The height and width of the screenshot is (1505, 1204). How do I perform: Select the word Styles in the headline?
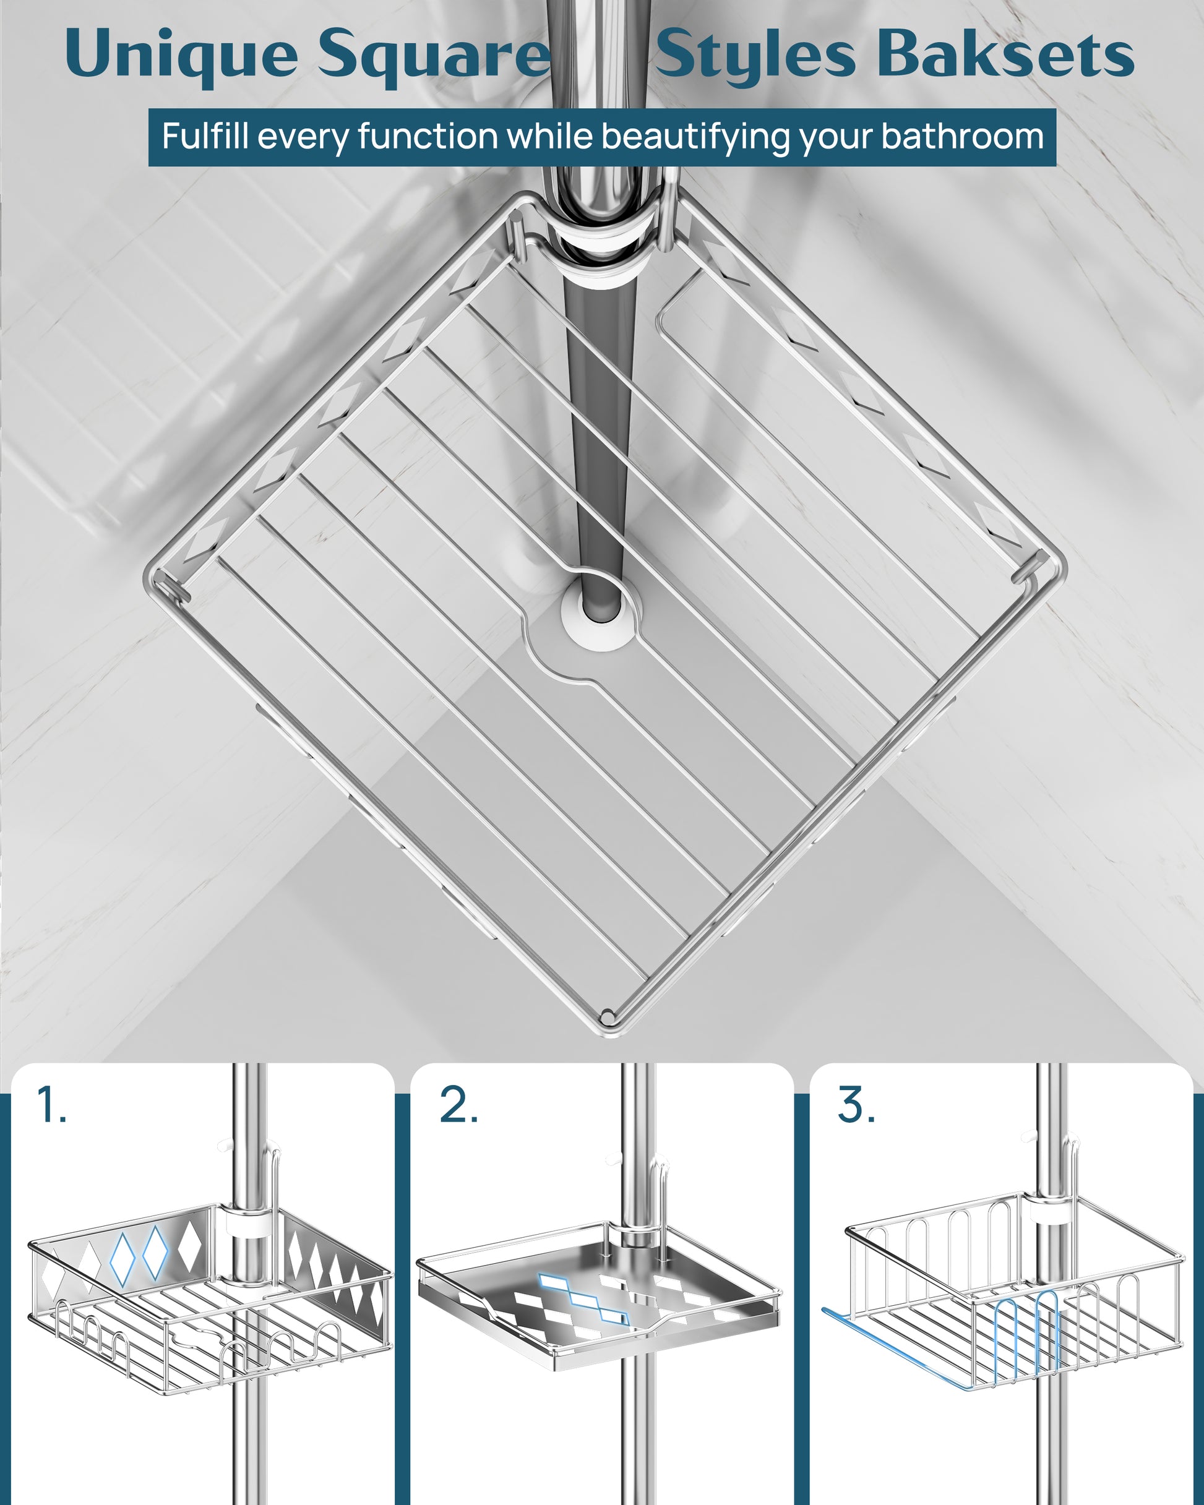(755, 56)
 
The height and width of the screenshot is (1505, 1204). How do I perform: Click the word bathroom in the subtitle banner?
(961, 135)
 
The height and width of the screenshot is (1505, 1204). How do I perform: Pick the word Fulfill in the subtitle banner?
(205, 135)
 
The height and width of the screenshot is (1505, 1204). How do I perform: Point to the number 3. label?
(856, 1105)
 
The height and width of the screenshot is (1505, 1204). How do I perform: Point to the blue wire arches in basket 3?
(1027, 1331)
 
